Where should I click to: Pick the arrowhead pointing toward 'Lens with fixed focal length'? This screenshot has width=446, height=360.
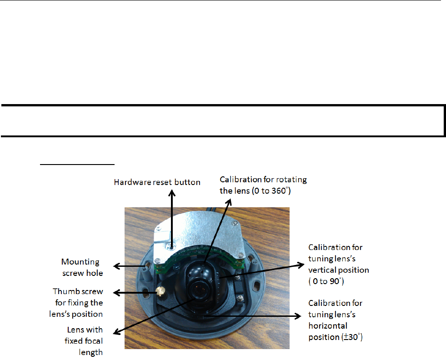click(115, 333)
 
